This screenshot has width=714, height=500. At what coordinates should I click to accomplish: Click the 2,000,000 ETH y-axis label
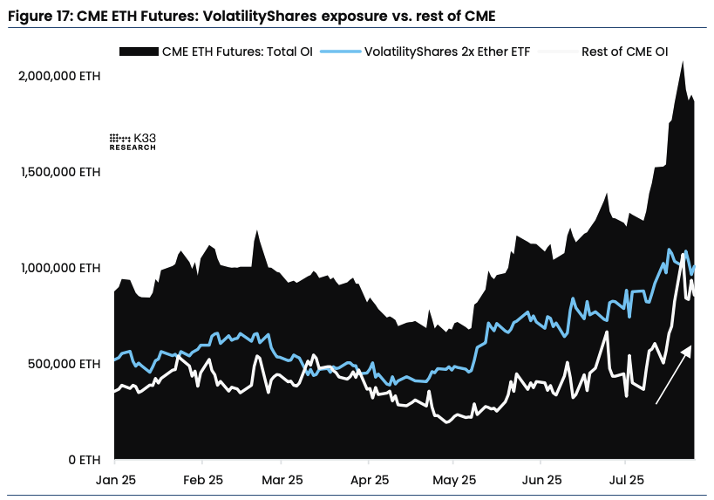(x=59, y=77)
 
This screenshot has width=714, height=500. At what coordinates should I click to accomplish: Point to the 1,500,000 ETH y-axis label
(x=59, y=172)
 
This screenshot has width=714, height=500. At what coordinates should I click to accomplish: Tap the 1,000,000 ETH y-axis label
(x=59, y=268)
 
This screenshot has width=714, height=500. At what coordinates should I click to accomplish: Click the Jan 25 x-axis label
(x=115, y=480)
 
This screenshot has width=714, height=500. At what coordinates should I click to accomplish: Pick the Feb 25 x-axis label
(x=202, y=480)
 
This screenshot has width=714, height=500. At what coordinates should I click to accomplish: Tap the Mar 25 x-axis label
(x=282, y=480)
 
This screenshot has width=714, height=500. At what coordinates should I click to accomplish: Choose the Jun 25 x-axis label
(x=540, y=480)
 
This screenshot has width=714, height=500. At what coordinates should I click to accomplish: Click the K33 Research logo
(x=133, y=141)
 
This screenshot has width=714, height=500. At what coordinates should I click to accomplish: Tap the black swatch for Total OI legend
(x=136, y=51)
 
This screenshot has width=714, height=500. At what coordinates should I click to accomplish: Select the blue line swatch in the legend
(x=339, y=51)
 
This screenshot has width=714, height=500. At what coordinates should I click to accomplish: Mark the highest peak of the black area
(x=682, y=61)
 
